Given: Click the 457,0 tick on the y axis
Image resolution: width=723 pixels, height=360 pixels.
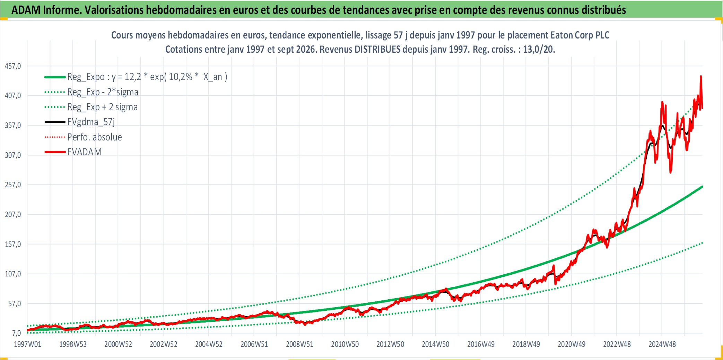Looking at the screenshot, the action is pyautogui.click(x=13, y=66).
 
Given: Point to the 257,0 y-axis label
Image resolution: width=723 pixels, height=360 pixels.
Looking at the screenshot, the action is pyautogui.click(x=13, y=185).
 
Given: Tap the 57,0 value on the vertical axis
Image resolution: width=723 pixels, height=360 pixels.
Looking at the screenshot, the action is pyautogui.click(x=15, y=303).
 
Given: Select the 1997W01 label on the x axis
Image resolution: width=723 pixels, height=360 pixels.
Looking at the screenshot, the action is pyautogui.click(x=27, y=344).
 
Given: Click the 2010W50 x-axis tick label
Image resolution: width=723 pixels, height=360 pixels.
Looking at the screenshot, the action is pyautogui.click(x=345, y=344).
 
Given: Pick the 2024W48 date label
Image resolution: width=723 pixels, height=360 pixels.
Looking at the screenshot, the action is pyautogui.click(x=662, y=344).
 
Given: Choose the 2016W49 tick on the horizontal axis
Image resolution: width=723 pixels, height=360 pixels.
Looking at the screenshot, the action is pyautogui.click(x=481, y=344).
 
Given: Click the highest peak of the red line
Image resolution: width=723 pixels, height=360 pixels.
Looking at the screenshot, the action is pyautogui.click(x=701, y=76).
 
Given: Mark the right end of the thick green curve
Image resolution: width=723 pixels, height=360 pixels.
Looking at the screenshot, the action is pyautogui.click(x=702, y=187).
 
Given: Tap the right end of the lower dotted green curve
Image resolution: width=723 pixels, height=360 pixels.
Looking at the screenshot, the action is pyautogui.click(x=702, y=243).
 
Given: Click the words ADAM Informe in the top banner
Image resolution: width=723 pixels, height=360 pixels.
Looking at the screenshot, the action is pyautogui.click(x=46, y=10).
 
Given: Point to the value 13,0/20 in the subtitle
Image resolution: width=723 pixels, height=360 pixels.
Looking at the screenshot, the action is pyautogui.click(x=539, y=49).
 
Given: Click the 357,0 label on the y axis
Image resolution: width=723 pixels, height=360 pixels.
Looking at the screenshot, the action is pyautogui.click(x=13, y=125).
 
